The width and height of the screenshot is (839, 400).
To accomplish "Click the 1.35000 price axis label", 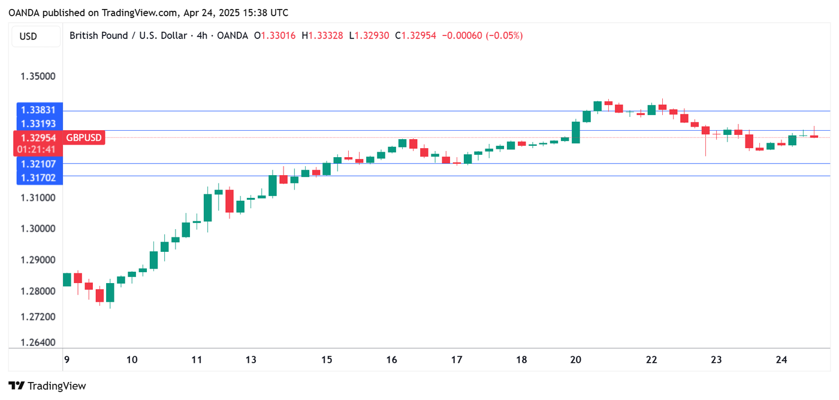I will tap(37, 77).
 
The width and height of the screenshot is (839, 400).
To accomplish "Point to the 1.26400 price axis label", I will tap(37, 343).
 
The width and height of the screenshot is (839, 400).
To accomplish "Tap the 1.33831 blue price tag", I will tap(38, 110).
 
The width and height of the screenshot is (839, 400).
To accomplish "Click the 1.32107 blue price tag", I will tap(38, 164).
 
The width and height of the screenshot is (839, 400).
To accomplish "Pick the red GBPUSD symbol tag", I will tap(84, 138).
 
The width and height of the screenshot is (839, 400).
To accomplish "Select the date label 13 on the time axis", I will tap(251, 360).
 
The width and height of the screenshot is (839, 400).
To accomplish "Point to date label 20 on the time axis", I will tap(576, 360).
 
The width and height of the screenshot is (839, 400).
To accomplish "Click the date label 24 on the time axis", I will tap(781, 360).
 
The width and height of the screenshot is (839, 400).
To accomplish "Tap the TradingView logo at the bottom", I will tap(47, 386).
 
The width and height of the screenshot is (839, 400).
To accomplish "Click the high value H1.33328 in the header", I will tap(322, 36).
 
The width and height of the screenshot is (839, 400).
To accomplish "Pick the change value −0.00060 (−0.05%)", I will tap(482, 36).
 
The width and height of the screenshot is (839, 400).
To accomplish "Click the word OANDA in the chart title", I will tap(232, 36).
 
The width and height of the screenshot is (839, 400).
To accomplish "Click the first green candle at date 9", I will tap(67, 279).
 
